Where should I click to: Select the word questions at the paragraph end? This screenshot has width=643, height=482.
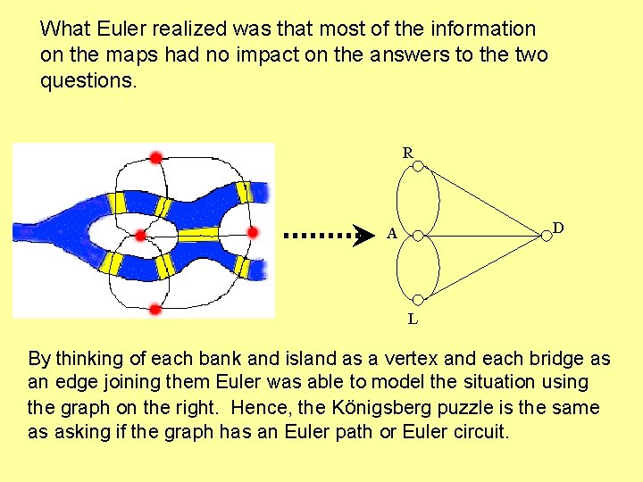tap(88, 81)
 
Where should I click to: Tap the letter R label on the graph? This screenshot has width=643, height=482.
tap(407, 153)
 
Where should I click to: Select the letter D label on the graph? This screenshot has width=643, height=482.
tap(558, 228)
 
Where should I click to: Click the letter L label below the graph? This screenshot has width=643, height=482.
tap(412, 318)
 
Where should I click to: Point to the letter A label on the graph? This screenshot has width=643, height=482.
tap(391, 235)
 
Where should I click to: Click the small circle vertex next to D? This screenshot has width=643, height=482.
tap(546, 236)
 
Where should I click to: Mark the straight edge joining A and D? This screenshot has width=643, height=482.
tap(482, 236)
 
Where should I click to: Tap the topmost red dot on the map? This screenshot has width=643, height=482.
tap(155, 157)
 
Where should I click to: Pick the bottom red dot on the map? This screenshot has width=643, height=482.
tap(154, 309)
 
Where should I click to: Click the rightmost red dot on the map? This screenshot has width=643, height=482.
tap(252, 233)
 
